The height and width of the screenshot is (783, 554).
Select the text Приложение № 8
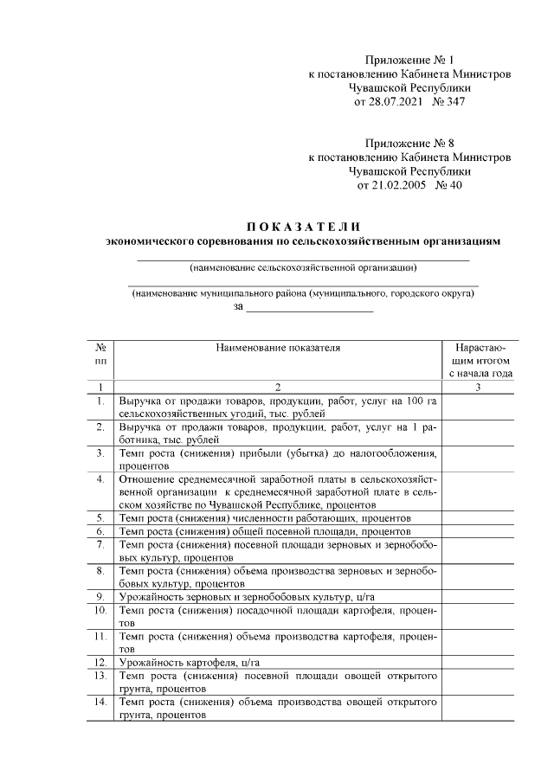[x=409, y=143]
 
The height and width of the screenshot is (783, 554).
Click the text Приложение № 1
[x=409, y=61]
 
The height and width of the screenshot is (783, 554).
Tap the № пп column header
[x=101, y=354]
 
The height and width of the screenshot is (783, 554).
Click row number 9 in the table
[x=101, y=597]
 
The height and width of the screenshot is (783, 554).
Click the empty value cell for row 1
[x=480, y=408]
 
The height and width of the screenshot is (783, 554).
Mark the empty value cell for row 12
[x=480, y=662]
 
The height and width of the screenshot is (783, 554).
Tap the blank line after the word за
[x=309, y=307]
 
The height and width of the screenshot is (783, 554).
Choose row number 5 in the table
[x=101, y=517]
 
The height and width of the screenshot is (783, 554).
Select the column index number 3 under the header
[x=480, y=387]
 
